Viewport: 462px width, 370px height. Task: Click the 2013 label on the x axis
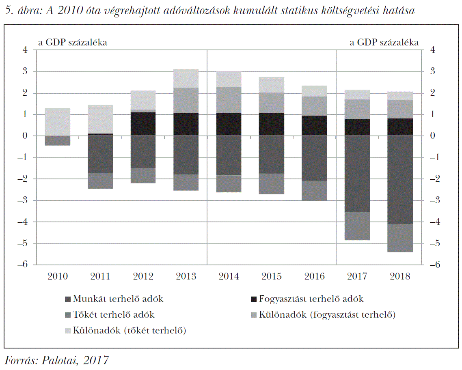point(186,277)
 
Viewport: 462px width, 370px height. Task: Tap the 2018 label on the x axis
point(400,277)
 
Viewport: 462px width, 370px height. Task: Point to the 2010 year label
point(58,277)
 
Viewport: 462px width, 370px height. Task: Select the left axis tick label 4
point(25,50)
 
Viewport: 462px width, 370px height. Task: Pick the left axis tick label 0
point(25,136)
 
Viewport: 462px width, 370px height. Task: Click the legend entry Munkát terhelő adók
point(118,299)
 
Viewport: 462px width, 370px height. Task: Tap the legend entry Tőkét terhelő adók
point(114,315)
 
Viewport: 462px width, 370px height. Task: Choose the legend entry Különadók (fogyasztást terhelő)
point(323,315)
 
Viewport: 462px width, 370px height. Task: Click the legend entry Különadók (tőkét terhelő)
point(130,331)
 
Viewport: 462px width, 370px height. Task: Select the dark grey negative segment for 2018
point(400,180)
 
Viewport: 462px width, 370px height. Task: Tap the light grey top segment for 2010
point(58,122)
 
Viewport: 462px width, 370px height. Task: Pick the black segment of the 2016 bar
point(314,126)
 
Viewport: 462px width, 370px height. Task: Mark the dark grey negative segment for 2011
point(100,154)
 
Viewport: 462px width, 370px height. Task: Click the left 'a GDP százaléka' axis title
point(73,42)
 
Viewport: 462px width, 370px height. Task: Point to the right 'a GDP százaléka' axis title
point(384,42)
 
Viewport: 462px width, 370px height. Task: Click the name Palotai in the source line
point(59,360)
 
